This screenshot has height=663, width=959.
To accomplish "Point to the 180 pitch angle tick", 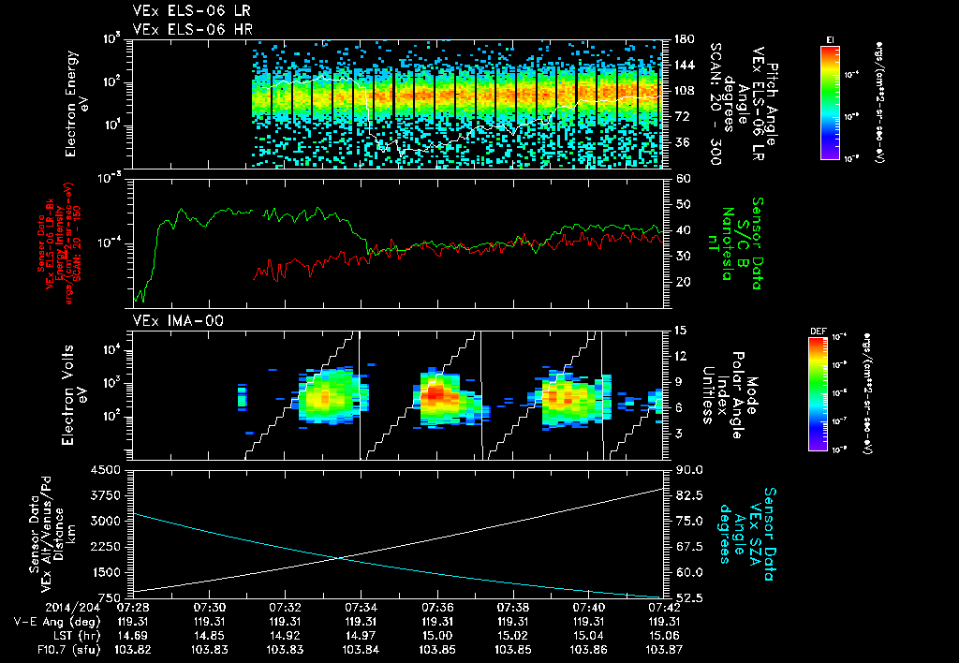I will (x=683, y=39).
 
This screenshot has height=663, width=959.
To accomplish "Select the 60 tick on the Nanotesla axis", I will (x=682, y=177).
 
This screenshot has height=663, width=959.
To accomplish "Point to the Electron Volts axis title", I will (x=76, y=396).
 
